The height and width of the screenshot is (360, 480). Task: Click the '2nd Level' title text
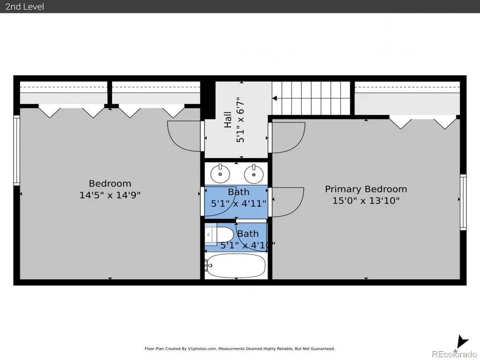(24, 7)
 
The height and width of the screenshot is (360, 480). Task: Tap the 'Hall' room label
(228, 120)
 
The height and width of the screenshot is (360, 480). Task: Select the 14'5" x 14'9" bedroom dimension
(110, 195)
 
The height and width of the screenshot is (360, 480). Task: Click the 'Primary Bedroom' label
(366, 189)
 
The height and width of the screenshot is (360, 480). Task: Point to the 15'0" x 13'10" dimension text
(366, 201)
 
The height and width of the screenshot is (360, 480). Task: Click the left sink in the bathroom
(220, 173)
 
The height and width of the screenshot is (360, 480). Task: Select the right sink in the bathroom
(254, 173)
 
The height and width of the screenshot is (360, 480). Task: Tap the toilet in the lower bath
(219, 234)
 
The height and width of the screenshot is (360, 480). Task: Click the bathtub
(236, 266)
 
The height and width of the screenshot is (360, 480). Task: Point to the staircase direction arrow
(275, 98)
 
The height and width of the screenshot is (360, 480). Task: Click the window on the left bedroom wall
(16, 150)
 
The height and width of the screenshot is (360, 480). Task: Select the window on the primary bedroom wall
(463, 202)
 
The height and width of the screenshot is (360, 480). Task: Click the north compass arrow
(462, 342)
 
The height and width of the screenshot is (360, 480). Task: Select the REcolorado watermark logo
(454, 354)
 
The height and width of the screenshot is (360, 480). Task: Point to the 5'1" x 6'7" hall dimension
(240, 120)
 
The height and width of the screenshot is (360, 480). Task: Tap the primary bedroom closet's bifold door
(423, 122)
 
